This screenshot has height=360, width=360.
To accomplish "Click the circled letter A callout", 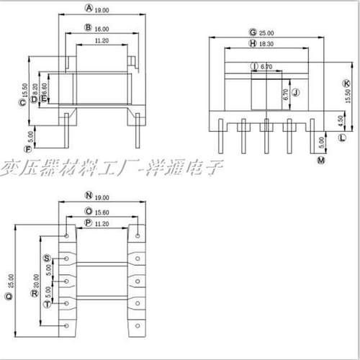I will point(89,9).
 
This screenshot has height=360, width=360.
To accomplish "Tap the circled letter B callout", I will point(88,27).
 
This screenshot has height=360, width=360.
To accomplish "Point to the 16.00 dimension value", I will point(102,28).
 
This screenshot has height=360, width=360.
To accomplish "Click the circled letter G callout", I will point(252,32).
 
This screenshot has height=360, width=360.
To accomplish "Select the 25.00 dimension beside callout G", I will point(267,33).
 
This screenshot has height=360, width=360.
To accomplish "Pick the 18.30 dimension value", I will point(266,44).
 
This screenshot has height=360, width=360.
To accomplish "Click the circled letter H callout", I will point(253,44).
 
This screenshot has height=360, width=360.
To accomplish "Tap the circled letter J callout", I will point(295,92).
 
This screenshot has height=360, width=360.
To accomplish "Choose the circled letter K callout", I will point(346,84).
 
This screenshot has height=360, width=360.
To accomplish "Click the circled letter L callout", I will point(342,136).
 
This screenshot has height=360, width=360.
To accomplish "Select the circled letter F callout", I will point(27,149).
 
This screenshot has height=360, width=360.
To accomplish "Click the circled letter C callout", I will point(22,102).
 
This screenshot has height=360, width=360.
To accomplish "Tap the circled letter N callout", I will point(89,196).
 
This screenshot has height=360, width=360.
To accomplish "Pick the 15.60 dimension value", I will point(103,212).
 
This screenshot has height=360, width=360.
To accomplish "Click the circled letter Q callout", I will point(9,295).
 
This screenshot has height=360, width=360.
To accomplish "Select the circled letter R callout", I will point(33,293).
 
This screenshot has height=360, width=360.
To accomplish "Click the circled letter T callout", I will point(47,305).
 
